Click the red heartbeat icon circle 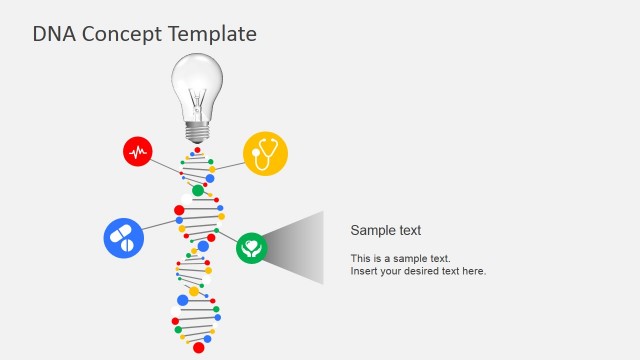[138, 152]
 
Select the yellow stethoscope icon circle [265, 153]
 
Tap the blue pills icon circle [124, 238]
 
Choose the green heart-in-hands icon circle [252, 248]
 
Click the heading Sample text [385, 230]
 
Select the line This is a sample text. [400, 258]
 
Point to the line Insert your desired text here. [418, 271]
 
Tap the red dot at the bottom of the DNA [198, 347]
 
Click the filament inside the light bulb [198, 100]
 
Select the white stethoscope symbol [265, 154]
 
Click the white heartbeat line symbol [138, 152]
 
